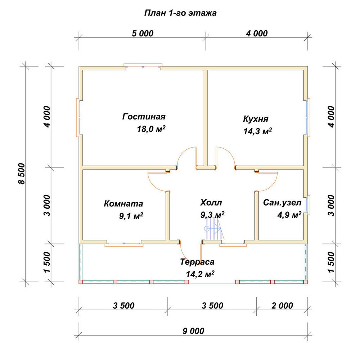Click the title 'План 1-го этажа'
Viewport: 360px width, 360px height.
point(180,13)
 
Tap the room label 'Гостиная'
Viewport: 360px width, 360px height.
point(144,116)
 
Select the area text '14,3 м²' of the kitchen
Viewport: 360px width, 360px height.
point(258,131)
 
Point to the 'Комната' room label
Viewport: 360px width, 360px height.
point(123,203)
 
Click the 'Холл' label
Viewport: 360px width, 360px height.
point(211,202)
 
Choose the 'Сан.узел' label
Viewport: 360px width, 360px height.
point(282,202)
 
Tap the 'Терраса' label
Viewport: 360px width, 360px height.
point(197,262)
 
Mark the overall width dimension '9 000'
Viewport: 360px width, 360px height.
point(193,331)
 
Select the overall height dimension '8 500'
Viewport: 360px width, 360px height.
point(21,174)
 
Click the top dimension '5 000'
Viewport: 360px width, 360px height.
point(143,33)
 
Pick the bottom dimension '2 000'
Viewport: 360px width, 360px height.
point(282,306)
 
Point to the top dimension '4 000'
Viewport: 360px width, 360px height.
point(257,33)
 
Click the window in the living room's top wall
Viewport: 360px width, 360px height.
point(143,66)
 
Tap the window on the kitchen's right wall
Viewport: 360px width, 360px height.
point(308,118)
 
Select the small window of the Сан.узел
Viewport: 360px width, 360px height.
point(308,205)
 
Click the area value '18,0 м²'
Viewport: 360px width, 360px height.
point(151,129)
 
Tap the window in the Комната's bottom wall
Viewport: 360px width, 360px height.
point(124,244)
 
